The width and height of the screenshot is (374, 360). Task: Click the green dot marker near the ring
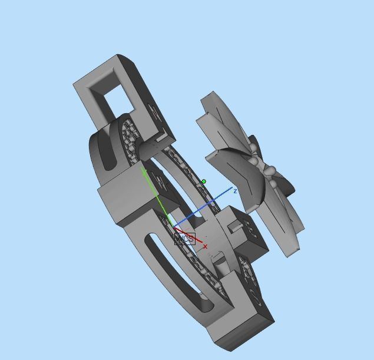pyautogui.click(x=204, y=181)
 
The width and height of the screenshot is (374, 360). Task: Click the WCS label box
pyautogui.click(x=184, y=239)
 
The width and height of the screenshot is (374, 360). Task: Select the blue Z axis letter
pyautogui.click(x=235, y=191)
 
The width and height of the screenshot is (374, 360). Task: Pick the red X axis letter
pyautogui.click(x=205, y=247)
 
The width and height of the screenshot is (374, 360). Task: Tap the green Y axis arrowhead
pyautogui.click(x=143, y=171)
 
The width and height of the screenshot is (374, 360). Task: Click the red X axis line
pyautogui.click(x=191, y=237)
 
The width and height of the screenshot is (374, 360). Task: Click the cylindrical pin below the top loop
pyautogui.click(x=151, y=147)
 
